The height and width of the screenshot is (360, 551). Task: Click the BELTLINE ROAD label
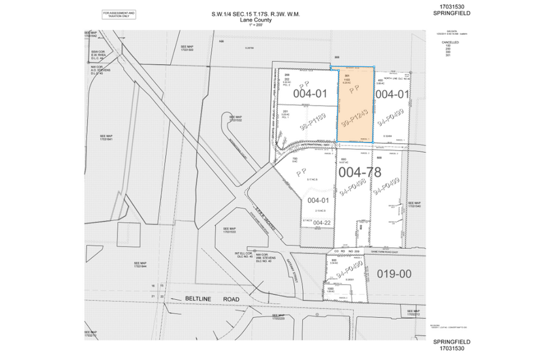point(204,299)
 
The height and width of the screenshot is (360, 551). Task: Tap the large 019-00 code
point(395,274)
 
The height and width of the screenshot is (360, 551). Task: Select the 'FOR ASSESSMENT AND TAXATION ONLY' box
point(119,13)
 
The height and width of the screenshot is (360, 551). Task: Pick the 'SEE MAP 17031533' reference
point(230,231)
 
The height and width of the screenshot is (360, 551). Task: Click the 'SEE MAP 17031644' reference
point(140,264)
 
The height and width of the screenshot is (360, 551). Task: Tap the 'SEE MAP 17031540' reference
point(415,204)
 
